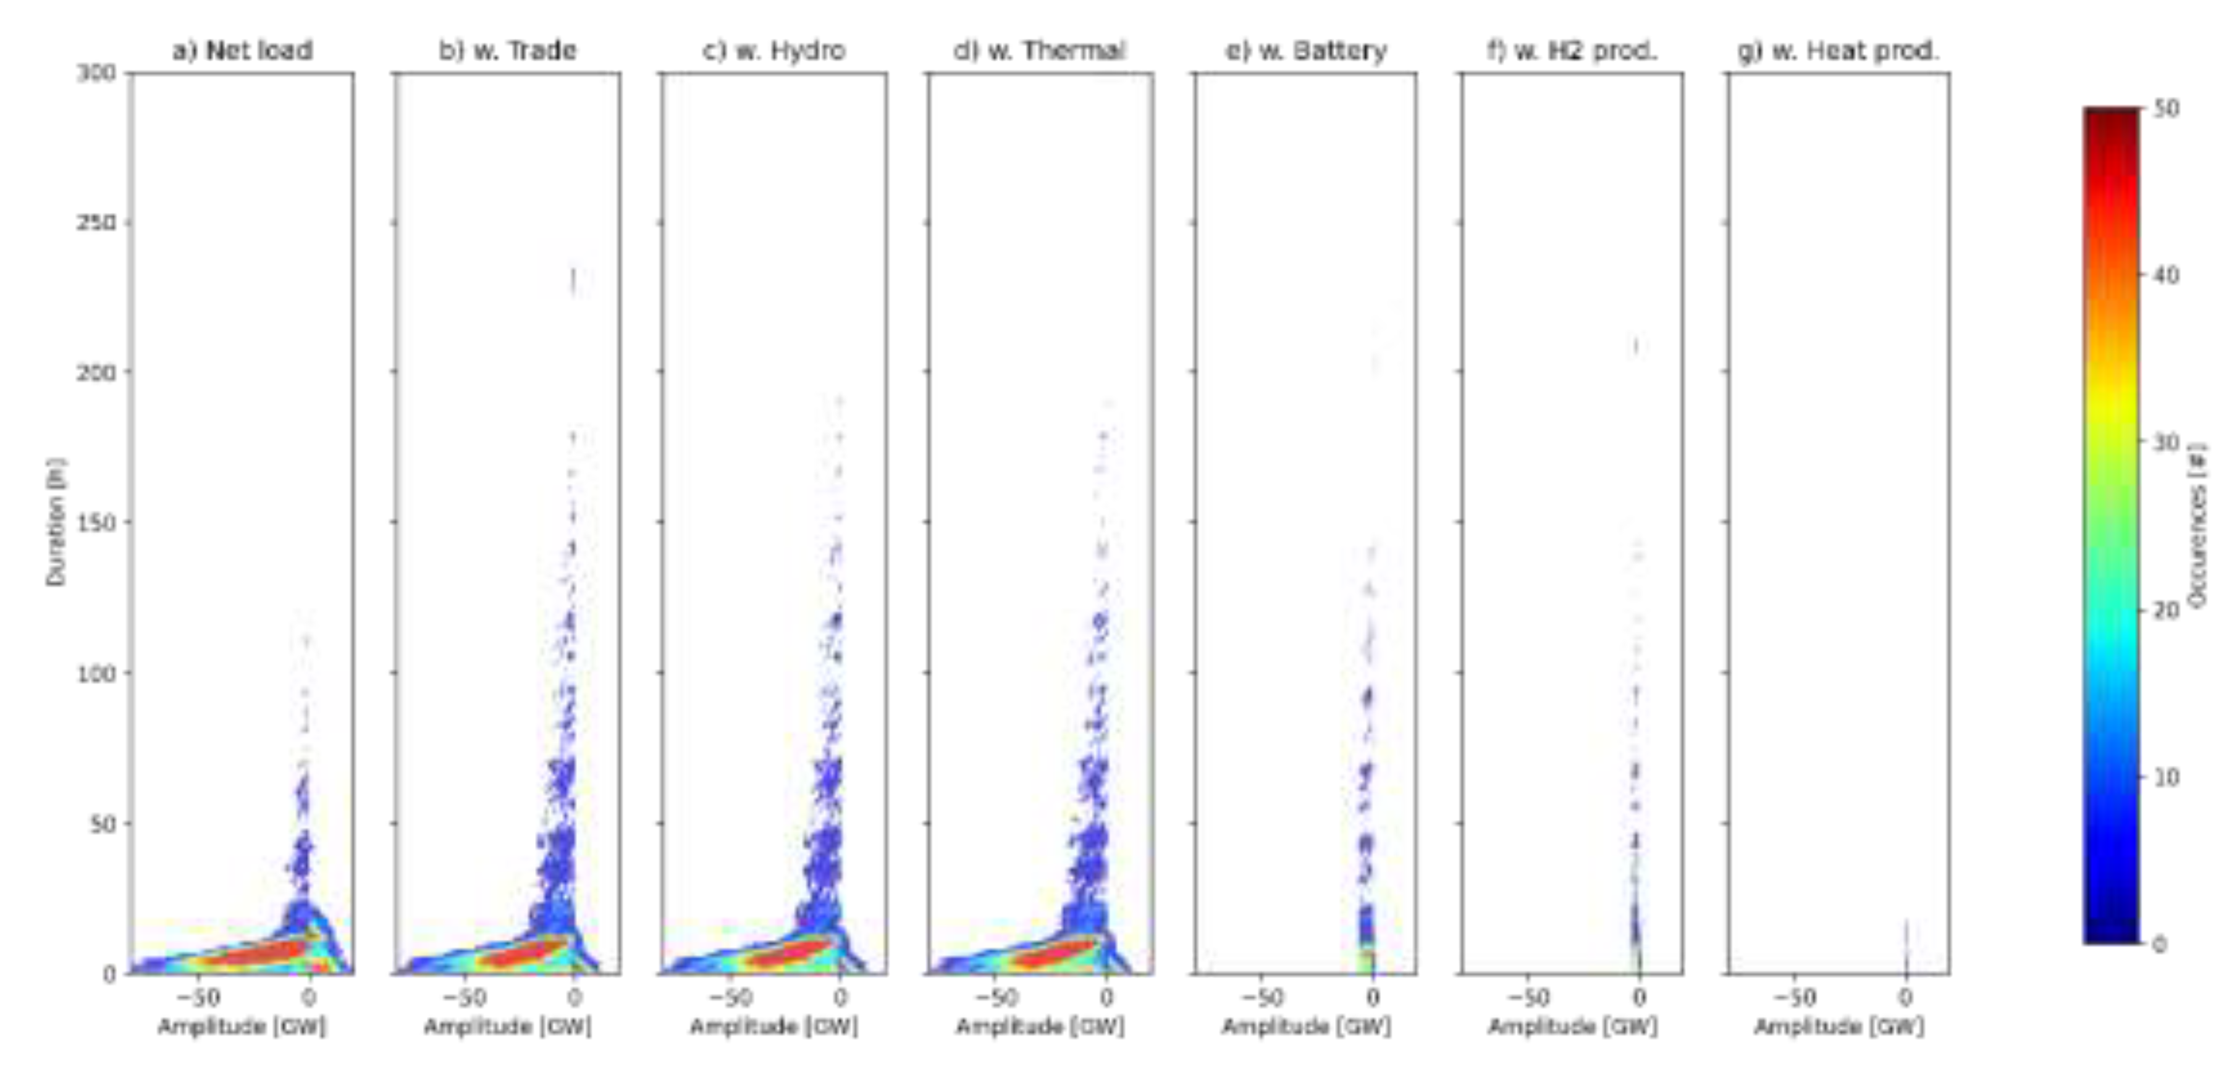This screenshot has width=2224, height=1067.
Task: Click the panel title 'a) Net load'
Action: click(x=243, y=51)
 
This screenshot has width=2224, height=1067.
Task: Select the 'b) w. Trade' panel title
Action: click(x=508, y=51)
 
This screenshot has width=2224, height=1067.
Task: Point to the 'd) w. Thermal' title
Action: click(x=1040, y=51)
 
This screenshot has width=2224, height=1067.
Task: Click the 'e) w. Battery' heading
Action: click(x=1306, y=51)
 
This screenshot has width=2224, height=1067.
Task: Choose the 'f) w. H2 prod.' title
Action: click(x=1572, y=51)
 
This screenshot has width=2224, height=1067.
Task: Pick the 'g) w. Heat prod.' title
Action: click(x=1838, y=51)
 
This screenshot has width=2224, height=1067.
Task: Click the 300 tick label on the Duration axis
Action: click(x=96, y=73)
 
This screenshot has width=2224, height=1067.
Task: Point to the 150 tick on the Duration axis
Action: click(x=96, y=523)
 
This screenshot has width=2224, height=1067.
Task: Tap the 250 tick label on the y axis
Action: click(x=96, y=223)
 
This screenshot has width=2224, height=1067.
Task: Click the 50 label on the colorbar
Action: click(x=2167, y=109)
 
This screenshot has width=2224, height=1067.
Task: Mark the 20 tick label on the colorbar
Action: click(x=2167, y=610)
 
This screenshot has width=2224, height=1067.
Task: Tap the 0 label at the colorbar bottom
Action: click(x=2160, y=944)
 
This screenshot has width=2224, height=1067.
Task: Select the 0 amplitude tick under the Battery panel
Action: click(x=1373, y=998)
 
